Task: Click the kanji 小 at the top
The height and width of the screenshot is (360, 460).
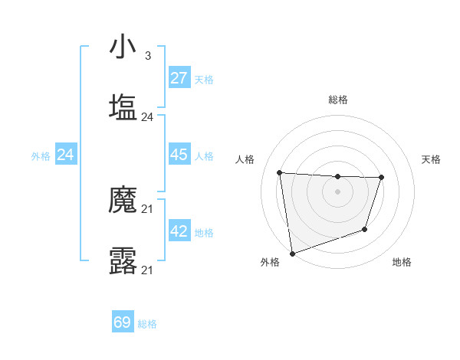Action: point(123,47)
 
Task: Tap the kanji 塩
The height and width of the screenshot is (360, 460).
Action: point(123,106)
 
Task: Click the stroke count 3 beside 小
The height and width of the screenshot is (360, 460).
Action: point(147,56)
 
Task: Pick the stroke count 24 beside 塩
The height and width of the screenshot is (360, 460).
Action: point(147,116)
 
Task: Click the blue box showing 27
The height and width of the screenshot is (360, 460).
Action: point(179,78)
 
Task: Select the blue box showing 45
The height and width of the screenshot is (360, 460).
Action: point(179,155)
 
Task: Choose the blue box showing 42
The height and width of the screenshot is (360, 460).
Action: point(179,232)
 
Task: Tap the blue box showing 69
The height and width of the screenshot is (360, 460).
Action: point(123,322)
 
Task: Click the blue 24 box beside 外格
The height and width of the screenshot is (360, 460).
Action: point(66,155)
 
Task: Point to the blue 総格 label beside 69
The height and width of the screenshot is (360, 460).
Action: point(147,324)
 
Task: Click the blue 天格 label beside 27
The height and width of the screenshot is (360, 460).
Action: point(204,79)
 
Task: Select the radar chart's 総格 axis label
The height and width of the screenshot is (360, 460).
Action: point(338,100)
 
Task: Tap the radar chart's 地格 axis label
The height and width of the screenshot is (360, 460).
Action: point(402,263)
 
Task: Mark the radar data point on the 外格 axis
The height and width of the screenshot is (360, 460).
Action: point(292,253)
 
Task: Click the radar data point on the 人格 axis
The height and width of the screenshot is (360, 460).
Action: point(280,172)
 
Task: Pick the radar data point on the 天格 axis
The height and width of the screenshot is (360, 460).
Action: point(381,178)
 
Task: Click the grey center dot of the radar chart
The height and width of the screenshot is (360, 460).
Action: point(337,191)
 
